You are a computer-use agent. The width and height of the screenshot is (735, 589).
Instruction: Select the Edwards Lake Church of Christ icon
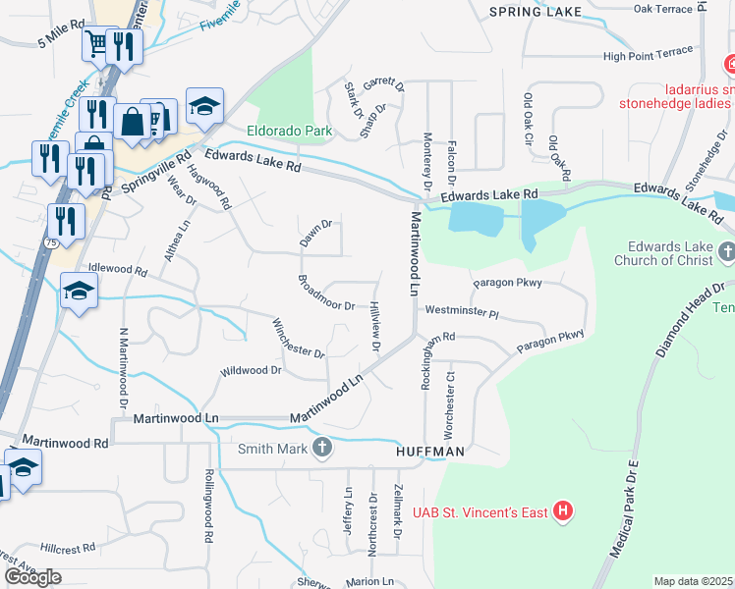tap(725, 252)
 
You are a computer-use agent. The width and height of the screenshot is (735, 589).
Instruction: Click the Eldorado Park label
tap(289, 131)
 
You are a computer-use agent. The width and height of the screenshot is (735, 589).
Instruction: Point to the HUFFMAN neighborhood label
tap(428, 453)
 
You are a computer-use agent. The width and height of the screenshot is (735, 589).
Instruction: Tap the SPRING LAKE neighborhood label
tap(536, 12)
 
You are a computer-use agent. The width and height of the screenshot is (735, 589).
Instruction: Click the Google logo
tap(33, 577)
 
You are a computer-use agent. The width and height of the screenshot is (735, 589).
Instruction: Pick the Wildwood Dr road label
tap(251, 371)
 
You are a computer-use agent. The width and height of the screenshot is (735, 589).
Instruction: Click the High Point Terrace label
tap(648, 57)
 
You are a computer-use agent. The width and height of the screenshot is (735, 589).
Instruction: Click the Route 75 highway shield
tap(50, 241)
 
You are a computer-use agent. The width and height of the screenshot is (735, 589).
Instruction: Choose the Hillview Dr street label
tap(375, 326)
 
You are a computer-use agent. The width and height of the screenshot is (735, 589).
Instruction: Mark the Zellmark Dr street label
tap(398, 512)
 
